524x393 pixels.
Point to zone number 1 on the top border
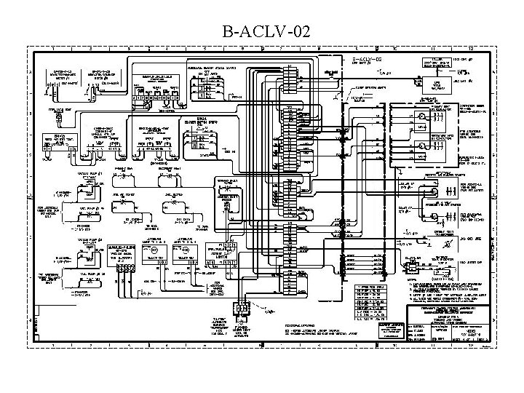[53, 49]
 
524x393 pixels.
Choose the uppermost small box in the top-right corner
[437, 63]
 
